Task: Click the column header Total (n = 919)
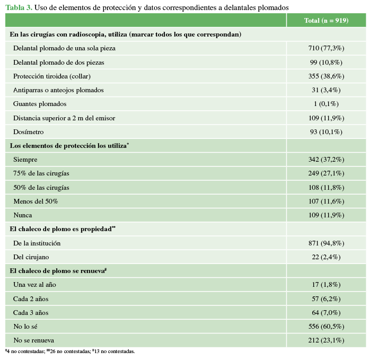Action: point(326,20)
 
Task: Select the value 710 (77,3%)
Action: point(326,48)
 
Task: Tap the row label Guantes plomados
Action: point(40,104)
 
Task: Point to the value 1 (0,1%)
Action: point(326,104)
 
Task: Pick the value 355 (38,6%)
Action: point(326,76)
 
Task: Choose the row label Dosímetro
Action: point(29,132)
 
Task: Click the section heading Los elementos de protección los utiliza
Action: point(68,146)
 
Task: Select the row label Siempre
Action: point(25,160)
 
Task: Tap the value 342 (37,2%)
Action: point(326,160)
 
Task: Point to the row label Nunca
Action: point(23,215)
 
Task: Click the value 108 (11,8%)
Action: point(326,188)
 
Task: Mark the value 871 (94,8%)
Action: point(326,243)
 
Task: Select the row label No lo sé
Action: point(25,327)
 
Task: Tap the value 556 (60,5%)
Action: point(326,327)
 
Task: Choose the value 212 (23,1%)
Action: point(326,340)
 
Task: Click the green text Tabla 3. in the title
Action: point(19,7)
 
